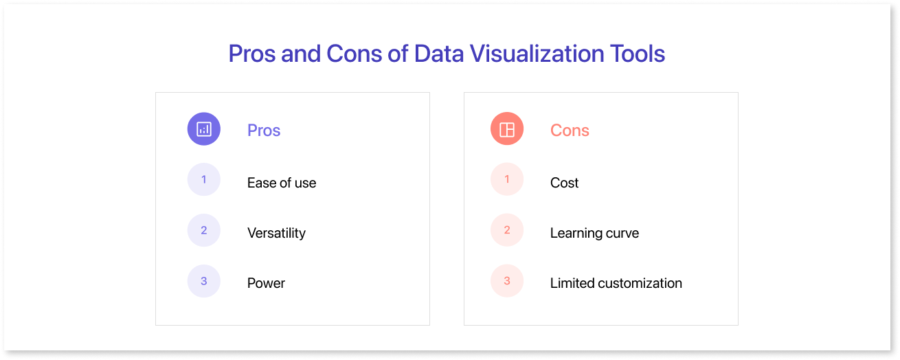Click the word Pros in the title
tap(252, 54)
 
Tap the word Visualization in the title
tap(537, 54)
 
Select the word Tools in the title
tap(638, 54)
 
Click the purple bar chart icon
tap(204, 129)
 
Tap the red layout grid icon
tap(506, 129)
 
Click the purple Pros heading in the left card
tap(264, 130)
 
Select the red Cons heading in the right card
tap(570, 130)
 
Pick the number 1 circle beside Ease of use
tap(204, 179)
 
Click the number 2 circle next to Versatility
tap(204, 230)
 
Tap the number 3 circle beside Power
tap(204, 281)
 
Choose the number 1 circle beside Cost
tap(506, 179)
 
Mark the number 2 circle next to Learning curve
tap(506, 230)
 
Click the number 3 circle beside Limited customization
tap(506, 281)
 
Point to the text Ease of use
tap(282, 183)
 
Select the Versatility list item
tap(276, 233)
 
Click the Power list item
tap(266, 283)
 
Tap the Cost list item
tap(564, 183)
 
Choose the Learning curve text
tap(594, 233)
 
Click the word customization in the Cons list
tap(640, 283)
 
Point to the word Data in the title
tap(438, 54)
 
